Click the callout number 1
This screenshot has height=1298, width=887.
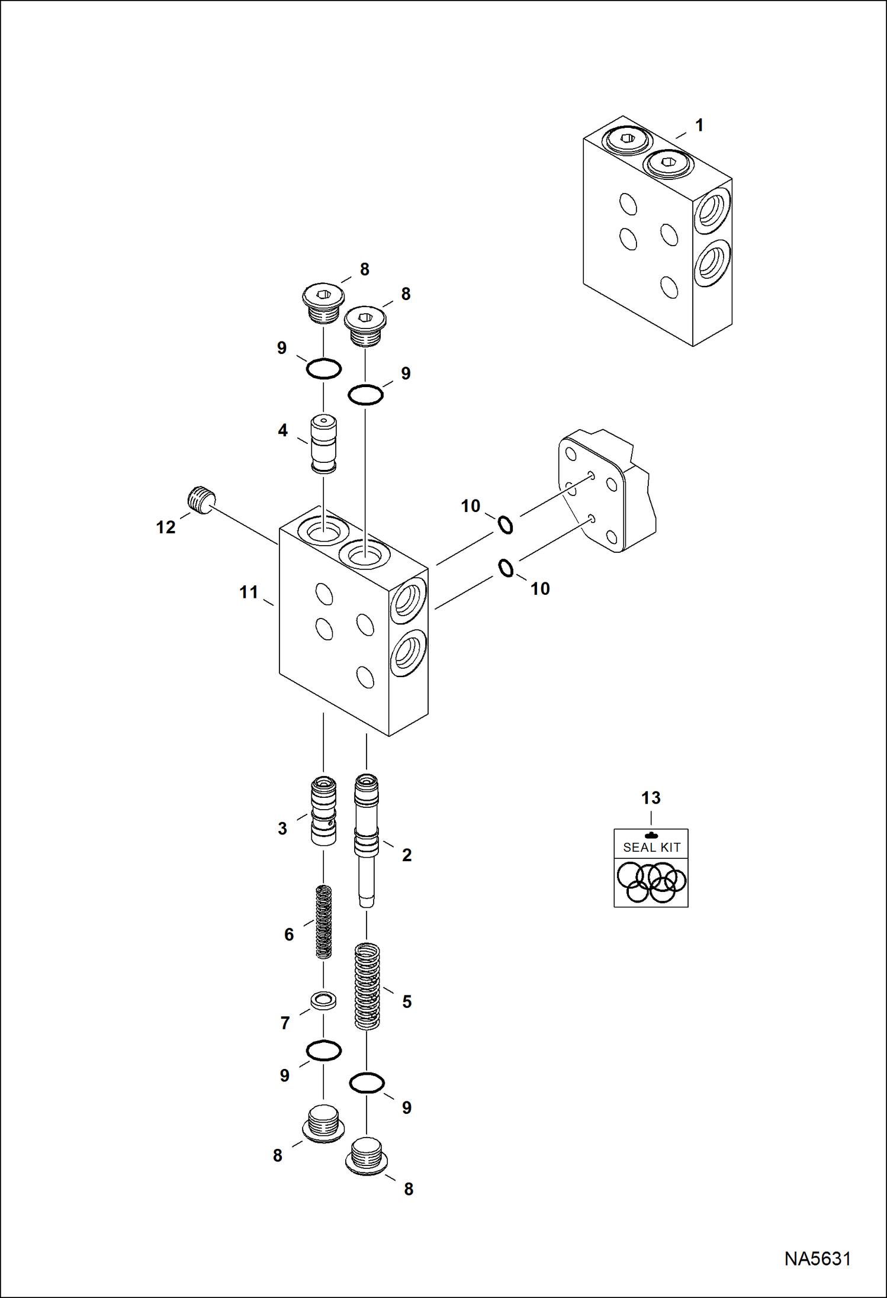pyautogui.click(x=699, y=125)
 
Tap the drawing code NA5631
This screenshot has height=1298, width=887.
pyautogui.click(x=817, y=1258)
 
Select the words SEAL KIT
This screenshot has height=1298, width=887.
pyautogui.click(x=651, y=848)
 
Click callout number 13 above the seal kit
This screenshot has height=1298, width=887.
pyautogui.click(x=651, y=798)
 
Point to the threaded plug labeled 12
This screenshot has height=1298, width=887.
pyautogui.click(x=201, y=500)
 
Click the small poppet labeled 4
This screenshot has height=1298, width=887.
pyautogui.click(x=324, y=444)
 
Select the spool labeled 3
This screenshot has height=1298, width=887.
pyautogui.click(x=323, y=810)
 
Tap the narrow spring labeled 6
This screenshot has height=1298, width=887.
pyautogui.click(x=323, y=922)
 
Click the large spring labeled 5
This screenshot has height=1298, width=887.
pyautogui.click(x=367, y=986)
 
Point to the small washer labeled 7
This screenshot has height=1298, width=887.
pyautogui.click(x=324, y=1001)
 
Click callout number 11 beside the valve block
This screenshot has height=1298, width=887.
pyautogui.click(x=249, y=592)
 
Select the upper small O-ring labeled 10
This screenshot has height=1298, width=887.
pyautogui.click(x=505, y=524)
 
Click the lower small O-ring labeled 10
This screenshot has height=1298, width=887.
pyautogui.click(x=506, y=568)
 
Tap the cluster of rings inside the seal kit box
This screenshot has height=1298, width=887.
pyautogui.click(x=651, y=882)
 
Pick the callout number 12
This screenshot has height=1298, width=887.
pyautogui.click(x=166, y=527)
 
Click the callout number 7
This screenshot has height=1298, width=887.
pyautogui.click(x=285, y=1023)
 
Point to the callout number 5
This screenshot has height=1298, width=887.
pyautogui.click(x=407, y=1001)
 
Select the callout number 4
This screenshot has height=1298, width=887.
pyautogui.click(x=283, y=430)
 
